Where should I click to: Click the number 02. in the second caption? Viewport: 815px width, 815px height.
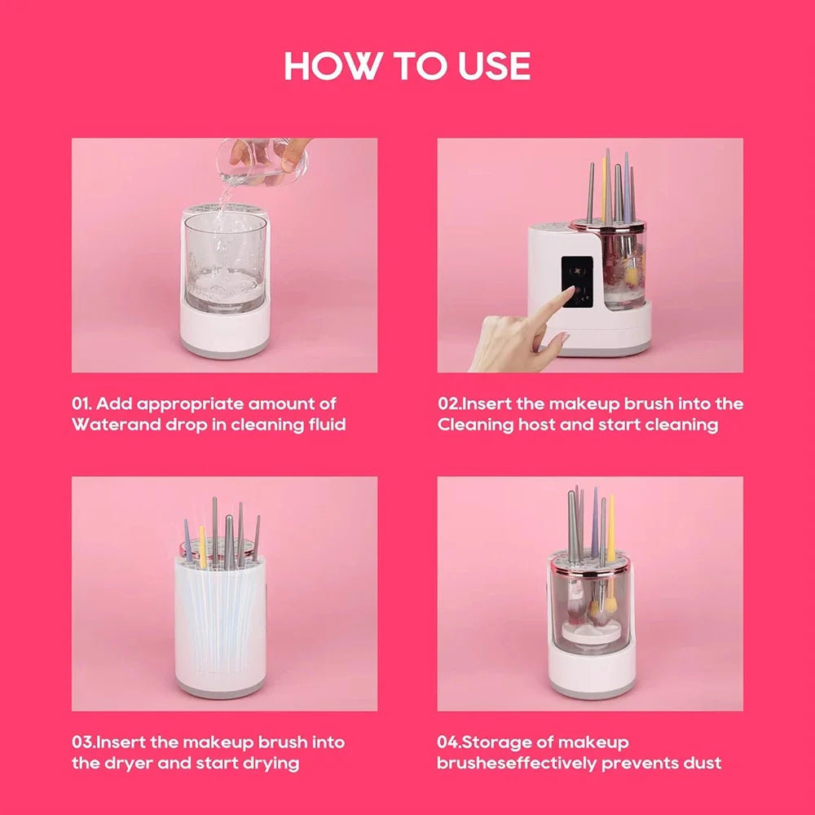(451, 403)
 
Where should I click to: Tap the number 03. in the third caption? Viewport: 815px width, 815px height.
(85, 742)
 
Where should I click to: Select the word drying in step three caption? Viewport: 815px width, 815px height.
(271, 764)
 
